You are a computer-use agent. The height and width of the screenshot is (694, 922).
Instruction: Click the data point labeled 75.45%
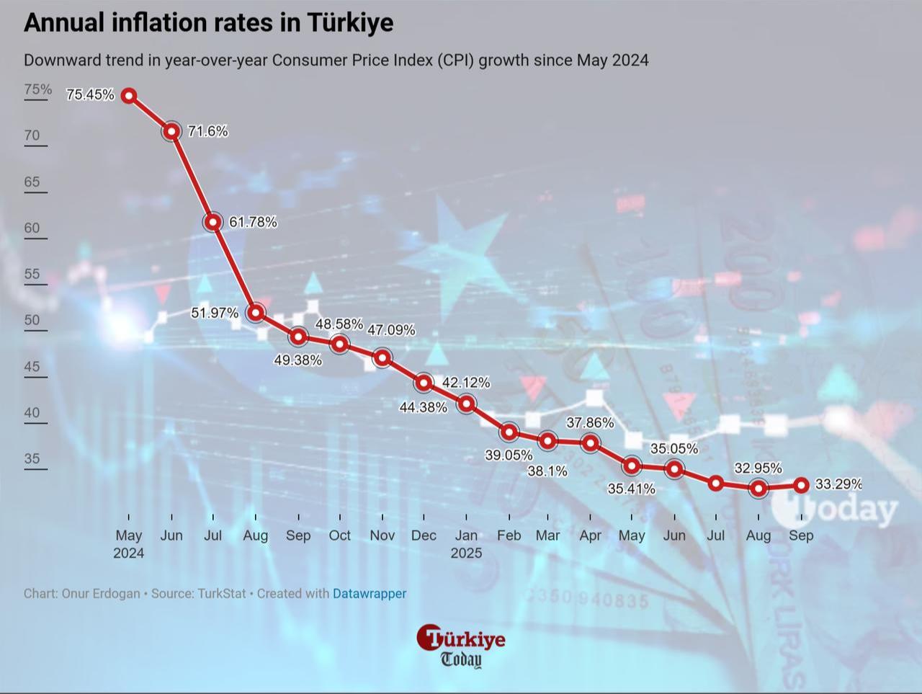129,95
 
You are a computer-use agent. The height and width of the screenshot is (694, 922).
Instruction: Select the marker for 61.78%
212,222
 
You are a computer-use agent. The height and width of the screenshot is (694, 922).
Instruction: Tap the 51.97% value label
214,313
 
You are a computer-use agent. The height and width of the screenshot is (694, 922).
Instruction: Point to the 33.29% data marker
801,485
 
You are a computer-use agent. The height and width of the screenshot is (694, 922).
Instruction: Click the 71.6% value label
208,131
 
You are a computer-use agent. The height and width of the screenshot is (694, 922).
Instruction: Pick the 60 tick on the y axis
32,228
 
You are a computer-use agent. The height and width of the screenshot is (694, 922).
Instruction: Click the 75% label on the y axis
38,89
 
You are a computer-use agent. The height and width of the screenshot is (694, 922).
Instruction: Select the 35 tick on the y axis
32,459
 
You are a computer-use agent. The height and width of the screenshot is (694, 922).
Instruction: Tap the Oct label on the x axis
339,535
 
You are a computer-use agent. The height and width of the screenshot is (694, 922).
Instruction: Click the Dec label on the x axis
424,535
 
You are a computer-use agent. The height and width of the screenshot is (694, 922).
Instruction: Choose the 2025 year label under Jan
466,553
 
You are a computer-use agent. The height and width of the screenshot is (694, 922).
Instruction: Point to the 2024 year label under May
129,553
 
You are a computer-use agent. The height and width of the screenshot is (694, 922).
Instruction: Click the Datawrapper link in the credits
370,594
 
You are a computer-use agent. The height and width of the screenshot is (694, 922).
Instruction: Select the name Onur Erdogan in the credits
101,594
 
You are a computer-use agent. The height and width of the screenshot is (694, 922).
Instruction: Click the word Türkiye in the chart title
350,22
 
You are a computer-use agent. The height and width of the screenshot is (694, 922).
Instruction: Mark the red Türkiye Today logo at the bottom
460,645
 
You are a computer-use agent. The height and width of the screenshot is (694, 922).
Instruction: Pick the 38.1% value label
548,471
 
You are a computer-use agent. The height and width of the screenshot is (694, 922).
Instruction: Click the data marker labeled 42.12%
466,404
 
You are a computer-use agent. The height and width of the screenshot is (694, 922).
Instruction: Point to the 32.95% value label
758,468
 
